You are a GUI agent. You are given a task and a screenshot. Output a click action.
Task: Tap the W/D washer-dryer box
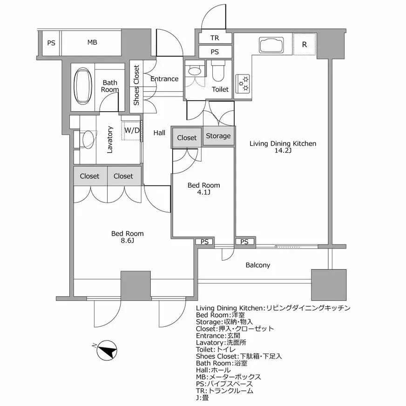tap(132, 130)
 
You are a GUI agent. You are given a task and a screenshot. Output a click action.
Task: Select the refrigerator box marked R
tap(304, 45)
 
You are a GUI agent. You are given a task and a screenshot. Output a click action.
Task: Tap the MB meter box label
tap(92, 43)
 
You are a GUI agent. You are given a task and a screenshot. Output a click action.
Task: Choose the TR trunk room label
tap(215, 38)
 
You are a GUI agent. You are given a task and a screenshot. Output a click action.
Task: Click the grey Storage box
tap(218, 136)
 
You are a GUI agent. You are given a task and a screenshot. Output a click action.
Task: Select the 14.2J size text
tap(283, 151)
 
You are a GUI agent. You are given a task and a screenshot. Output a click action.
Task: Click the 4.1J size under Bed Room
tap(203, 193)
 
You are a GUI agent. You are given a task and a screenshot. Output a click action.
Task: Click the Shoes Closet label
tap(136, 85)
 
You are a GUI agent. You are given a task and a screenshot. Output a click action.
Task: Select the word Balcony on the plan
tap(257, 265)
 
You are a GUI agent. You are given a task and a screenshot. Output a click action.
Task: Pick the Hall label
tap(159, 133)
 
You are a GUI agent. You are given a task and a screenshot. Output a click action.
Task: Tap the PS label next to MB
tap(51, 43)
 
